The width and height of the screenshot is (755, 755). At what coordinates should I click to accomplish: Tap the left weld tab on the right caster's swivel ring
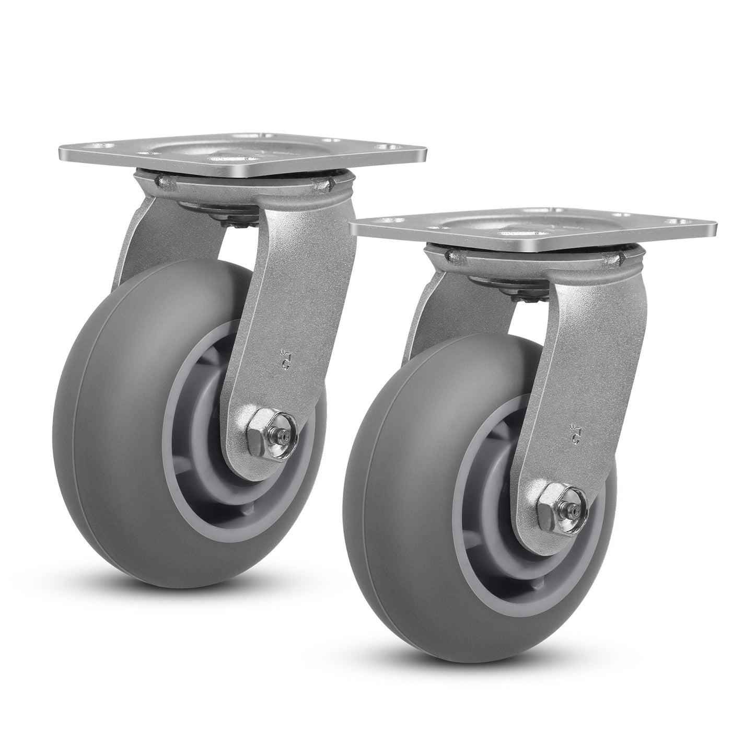(x=454, y=255)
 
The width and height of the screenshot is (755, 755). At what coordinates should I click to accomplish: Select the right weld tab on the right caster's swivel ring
(x=622, y=257)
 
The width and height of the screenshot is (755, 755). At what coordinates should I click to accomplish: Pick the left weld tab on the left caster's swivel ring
(x=161, y=182)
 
